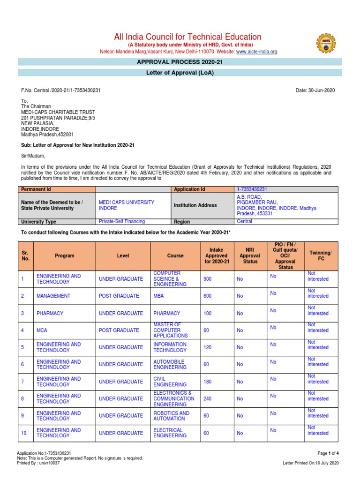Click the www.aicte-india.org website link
coord(257,52)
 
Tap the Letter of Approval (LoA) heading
coord(180,72)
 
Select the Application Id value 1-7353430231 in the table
coord(252,189)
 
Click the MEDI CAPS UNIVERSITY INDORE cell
coord(126,205)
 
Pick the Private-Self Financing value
coord(121,221)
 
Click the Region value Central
coord(244,221)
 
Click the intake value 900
coord(208,279)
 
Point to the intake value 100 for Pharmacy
coord(208,313)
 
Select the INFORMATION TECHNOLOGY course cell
coord(170,347)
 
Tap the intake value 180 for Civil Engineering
coord(208,382)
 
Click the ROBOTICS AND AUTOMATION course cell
coord(171,416)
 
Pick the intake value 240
coord(208,398)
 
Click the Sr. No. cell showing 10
coord(23,433)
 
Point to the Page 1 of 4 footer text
coord(328,453)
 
